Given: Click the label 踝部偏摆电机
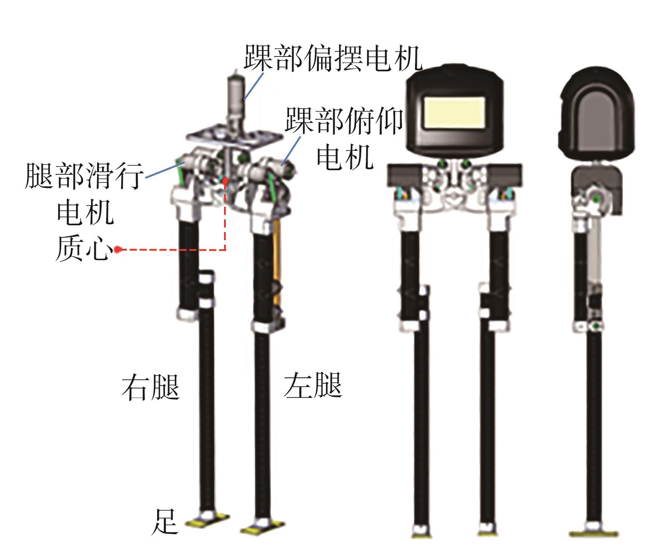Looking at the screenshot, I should [x=333, y=58].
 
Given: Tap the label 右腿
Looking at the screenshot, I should [x=150, y=387].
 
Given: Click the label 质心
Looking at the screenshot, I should [x=84, y=247].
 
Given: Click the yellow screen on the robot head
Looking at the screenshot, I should [x=454, y=112].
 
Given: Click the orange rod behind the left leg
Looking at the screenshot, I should [x=278, y=262].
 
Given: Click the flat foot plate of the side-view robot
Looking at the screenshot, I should [x=593, y=534].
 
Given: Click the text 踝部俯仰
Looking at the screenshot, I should [x=344, y=121].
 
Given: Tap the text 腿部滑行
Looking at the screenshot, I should [x=84, y=176].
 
